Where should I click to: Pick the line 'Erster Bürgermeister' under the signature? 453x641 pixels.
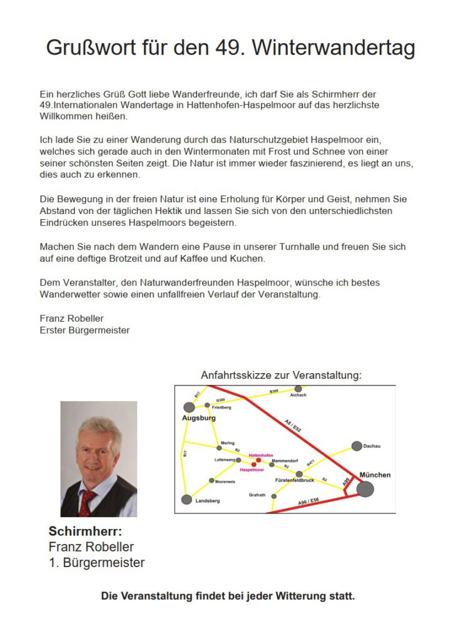[x=84, y=330]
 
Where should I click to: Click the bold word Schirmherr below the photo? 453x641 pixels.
[x=85, y=531]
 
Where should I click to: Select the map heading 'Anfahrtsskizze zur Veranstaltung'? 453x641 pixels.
[x=281, y=376]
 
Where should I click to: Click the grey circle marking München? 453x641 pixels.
[x=365, y=489]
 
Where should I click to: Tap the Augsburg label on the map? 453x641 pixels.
[x=199, y=418]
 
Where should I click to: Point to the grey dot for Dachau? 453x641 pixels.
[x=357, y=446]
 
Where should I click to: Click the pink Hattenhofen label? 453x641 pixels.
[x=261, y=455]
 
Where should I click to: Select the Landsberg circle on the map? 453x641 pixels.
[x=186, y=500]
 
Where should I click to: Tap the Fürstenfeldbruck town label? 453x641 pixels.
[x=295, y=481]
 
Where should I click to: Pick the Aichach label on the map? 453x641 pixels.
[x=298, y=396]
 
